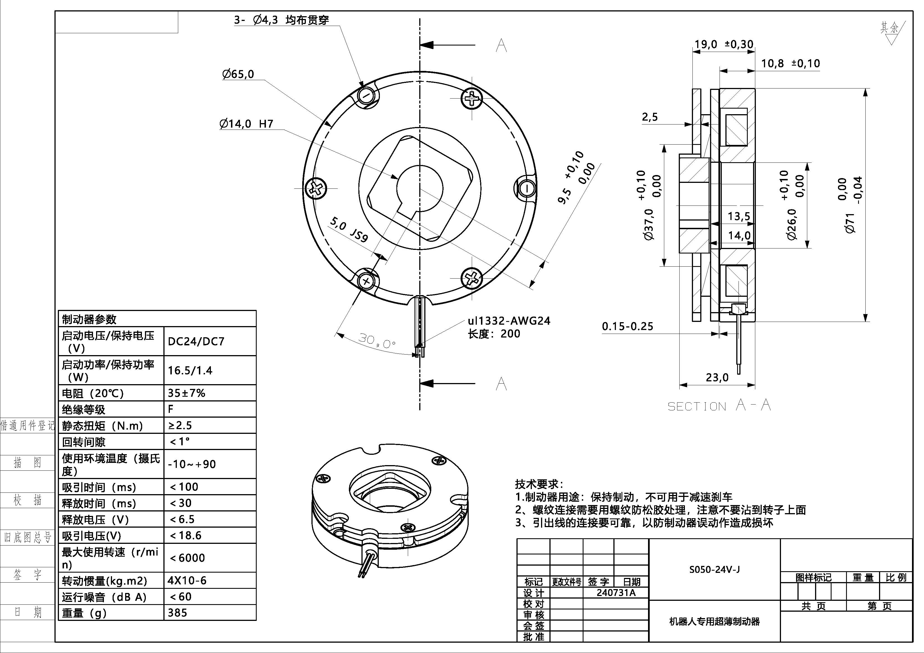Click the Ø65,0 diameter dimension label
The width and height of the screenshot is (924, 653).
[x=238, y=74]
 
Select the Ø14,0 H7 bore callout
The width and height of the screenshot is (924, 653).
[x=246, y=123]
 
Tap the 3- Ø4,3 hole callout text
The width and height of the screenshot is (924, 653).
[x=282, y=20]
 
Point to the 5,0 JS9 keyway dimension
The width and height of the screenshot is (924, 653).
[x=349, y=229]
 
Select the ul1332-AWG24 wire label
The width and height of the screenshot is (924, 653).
[x=509, y=321]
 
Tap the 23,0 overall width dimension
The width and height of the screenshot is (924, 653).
[x=717, y=377]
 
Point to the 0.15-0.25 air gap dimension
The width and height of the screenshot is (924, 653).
[x=627, y=326]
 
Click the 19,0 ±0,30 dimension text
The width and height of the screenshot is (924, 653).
[x=723, y=44]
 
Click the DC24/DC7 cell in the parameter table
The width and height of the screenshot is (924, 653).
[x=196, y=341]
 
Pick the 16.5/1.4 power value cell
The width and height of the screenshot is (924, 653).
[x=190, y=370]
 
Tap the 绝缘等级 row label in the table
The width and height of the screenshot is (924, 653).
[x=84, y=410]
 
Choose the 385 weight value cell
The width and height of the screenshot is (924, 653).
[x=177, y=613]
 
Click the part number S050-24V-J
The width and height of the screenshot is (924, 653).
[x=714, y=569]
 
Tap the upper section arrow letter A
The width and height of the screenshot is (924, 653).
[x=501, y=46]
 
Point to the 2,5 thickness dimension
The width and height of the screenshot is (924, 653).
[x=649, y=117]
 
